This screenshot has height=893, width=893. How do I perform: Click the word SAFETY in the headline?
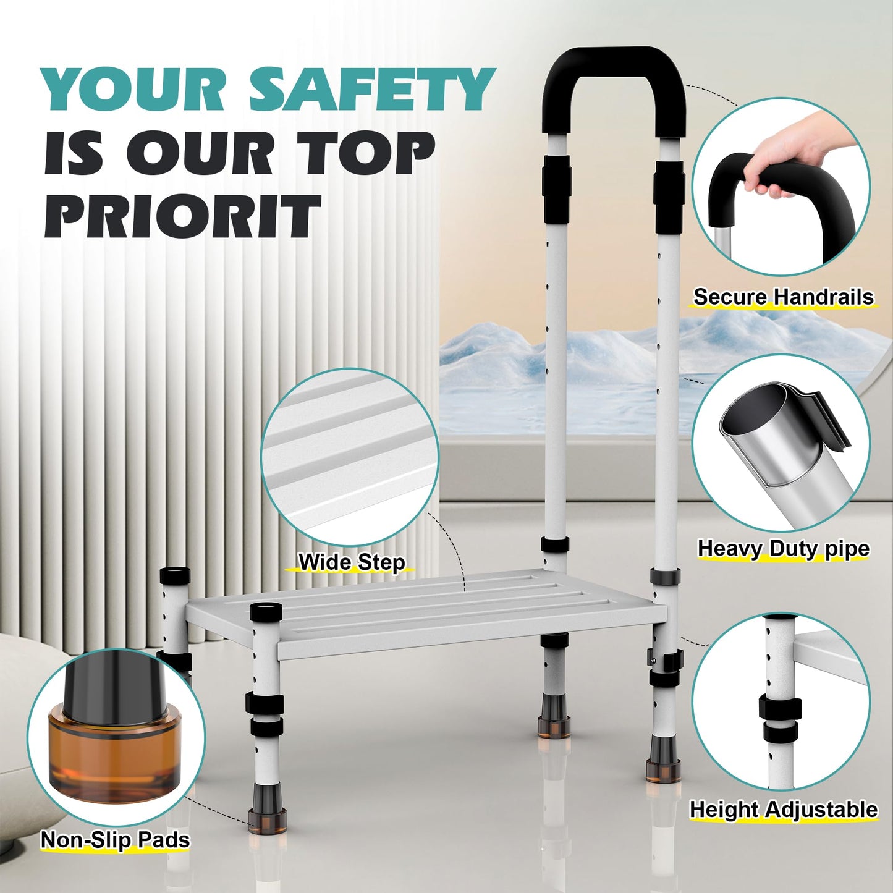click(371, 91)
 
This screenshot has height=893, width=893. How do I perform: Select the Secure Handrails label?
click(783, 297)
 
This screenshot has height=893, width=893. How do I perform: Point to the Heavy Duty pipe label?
click(783, 549)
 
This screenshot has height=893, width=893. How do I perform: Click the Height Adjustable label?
click(783, 810)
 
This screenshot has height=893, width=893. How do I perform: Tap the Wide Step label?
click(352, 562)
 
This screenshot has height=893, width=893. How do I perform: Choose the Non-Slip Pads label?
click(116, 840)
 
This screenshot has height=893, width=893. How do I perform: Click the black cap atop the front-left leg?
click(266, 612)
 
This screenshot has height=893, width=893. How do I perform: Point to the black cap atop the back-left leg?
click(175, 575)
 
